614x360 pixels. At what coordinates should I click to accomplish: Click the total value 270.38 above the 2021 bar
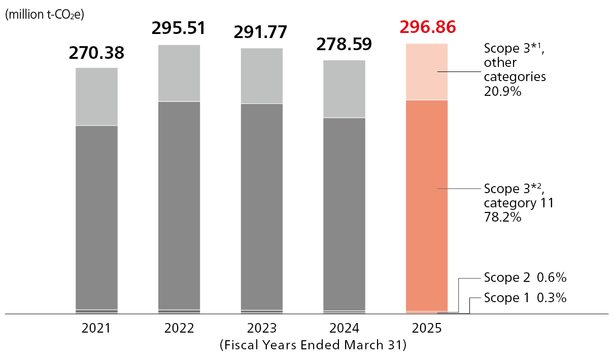96,52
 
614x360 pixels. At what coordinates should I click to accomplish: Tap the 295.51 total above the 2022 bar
179,28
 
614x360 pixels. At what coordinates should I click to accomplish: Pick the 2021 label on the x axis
96,328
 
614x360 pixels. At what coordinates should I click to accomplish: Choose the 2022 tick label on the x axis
179,328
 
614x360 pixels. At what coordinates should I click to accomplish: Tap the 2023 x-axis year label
262,328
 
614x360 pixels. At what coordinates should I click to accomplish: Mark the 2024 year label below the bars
344,328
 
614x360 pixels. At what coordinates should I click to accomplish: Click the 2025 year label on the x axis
427,328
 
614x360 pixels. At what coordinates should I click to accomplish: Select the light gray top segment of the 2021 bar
96,96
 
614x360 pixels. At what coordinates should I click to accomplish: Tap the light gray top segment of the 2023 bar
262,76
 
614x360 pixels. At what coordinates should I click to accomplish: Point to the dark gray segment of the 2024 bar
344,213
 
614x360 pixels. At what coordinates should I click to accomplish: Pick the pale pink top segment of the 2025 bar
427,72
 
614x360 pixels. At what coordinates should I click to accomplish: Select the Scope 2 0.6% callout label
525,278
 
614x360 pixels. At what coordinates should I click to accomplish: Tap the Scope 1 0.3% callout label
525,298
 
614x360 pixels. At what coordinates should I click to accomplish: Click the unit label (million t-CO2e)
45,15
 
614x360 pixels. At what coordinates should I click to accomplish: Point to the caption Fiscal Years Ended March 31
313,345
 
